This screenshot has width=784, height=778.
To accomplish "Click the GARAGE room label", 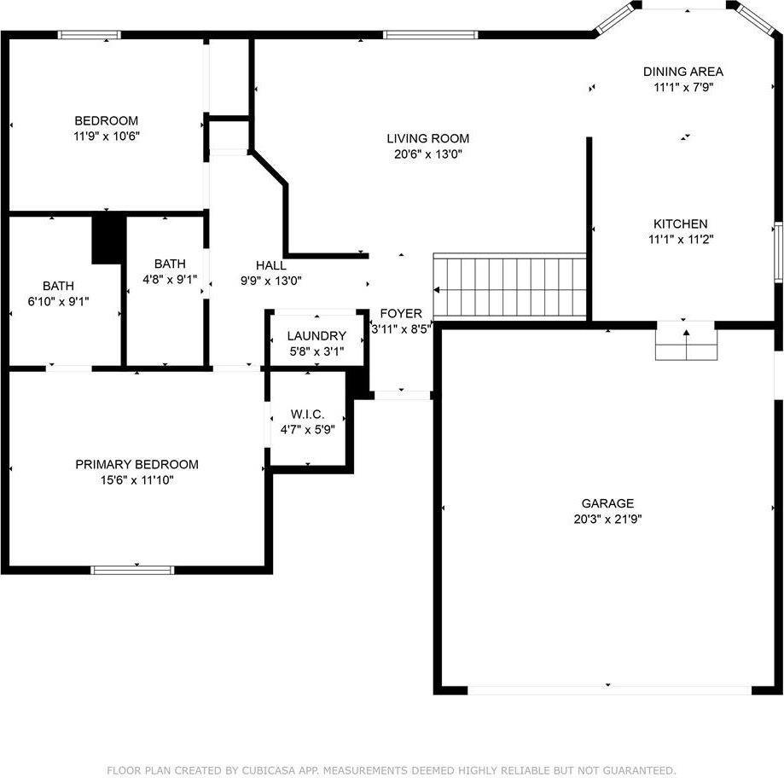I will tap(607, 503).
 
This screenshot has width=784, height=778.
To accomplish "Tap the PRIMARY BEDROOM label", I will tap(136, 464).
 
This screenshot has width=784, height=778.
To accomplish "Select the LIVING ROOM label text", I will tap(427, 138).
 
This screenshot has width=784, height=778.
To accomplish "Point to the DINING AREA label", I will tap(682, 72).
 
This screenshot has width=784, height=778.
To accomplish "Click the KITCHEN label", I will tap(680, 224).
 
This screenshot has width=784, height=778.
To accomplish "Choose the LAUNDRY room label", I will tap(317, 336).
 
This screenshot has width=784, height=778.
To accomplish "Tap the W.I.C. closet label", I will tap(307, 414).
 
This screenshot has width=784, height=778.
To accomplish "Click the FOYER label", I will tap(401, 313).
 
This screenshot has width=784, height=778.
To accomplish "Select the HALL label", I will tap(271, 265).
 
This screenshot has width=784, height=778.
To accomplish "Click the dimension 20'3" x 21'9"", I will tap(607, 519).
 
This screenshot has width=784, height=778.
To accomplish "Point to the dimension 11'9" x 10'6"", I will tap(106, 136).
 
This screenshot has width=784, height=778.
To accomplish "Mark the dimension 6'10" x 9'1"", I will tap(58, 301).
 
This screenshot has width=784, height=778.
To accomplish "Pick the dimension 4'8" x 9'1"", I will tap(170, 279).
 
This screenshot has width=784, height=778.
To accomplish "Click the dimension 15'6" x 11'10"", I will tap(136, 479).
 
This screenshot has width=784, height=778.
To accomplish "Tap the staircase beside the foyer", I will tap(509, 286).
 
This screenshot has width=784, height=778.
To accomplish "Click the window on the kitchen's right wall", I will tap(778, 252).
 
